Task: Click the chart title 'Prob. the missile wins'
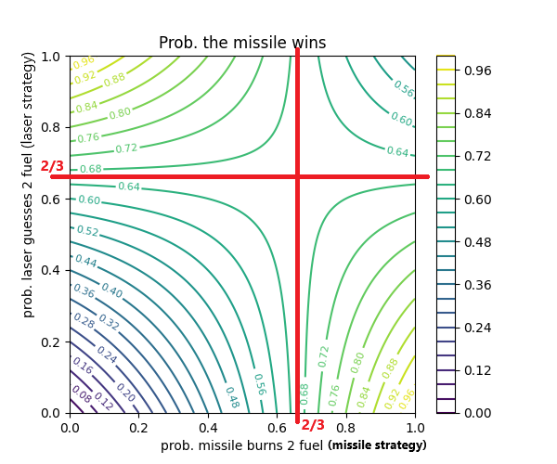[242, 43]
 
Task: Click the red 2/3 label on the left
[52, 166]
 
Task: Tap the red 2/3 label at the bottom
[314, 425]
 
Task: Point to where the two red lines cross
[297, 175]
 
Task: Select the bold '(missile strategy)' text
[377, 445]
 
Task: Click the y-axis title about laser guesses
[29, 234]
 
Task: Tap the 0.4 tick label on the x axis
[208, 428]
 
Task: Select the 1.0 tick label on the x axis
[415, 428]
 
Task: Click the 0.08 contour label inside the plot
[82, 397]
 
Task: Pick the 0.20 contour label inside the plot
[125, 393]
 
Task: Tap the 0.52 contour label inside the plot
[87, 231]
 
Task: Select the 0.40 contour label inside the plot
[110, 291]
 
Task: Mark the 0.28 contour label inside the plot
[84, 322]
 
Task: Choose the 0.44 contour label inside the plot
[85, 262]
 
